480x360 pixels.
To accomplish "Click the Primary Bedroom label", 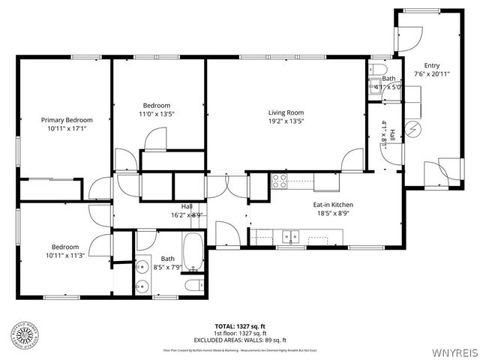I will [x=67, y=120].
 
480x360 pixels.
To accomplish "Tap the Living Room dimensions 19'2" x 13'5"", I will [x=286, y=121].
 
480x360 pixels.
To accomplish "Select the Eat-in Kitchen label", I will [x=333, y=204].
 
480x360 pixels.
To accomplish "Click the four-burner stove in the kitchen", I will [x=279, y=181].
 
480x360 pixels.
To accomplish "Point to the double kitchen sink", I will [x=289, y=237].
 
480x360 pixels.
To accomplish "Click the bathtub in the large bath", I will [x=193, y=253].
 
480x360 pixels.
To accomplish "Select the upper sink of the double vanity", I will [x=142, y=266].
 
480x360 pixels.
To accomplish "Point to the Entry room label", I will [x=432, y=65].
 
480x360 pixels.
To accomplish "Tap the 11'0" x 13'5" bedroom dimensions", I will [x=157, y=114].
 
